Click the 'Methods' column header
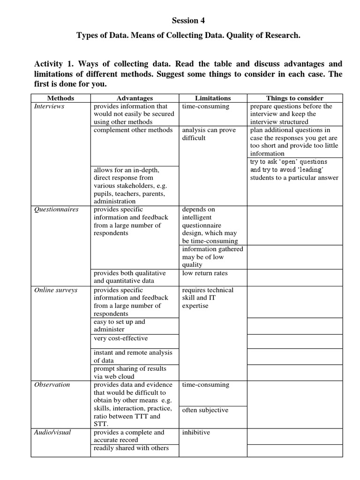60,98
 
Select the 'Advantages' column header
135,98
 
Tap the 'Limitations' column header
213,98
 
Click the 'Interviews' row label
49,106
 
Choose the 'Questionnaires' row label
56,210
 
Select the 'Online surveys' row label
56,290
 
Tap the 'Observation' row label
52,384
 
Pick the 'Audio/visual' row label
52,432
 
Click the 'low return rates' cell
205,273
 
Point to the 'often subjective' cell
205,410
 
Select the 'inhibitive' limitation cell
196,432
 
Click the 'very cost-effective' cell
120,338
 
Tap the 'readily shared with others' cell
131,448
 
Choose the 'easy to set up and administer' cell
120,325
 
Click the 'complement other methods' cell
133,130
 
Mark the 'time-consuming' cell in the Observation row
205,384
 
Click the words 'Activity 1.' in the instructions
53,64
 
